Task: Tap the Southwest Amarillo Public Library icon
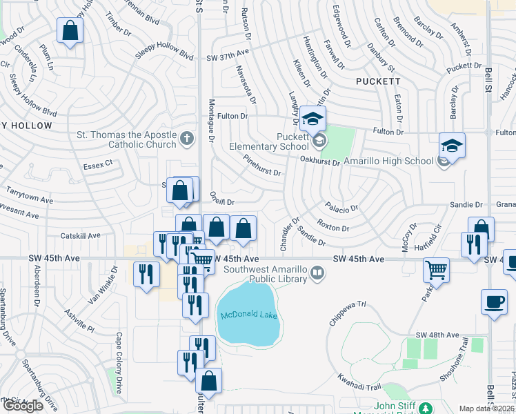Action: pyautogui.click(x=317, y=273)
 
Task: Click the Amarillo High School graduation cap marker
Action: pyautogui.click(x=452, y=146)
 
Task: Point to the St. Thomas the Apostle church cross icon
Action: pyautogui.click(x=186, y=139)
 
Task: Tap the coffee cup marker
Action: pyautogui.click(x=494, y=302)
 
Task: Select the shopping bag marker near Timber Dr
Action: pyautogui.click(x=70, y=30)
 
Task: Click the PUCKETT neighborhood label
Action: pyautogui.click(x=378, y=81)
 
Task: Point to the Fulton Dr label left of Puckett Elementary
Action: pyautogui.click(x=232, y=116)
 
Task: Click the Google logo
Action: pyautogui.click(x=23, y=406)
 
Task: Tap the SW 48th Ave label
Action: pyautogui.click(x=441, y=335)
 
